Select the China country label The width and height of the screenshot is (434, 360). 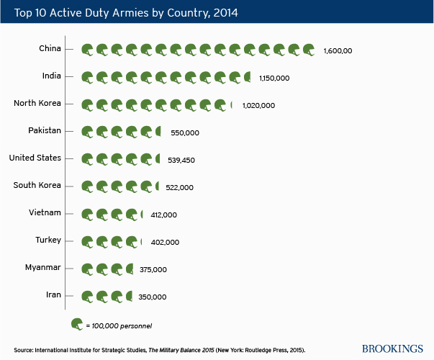pyautogui.click(x=50, y=48)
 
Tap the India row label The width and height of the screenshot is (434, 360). pyautogui.click(x=52, y=76)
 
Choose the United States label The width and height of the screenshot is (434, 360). pyautogui.click(x=35, y=158)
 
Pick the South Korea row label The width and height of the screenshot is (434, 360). pyautogui.click(x=37, y=185)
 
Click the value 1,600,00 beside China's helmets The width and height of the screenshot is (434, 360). pyautogui.click(x=338, y=50)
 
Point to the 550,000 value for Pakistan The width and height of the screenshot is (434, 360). pyautogui.click(x=185, y=132)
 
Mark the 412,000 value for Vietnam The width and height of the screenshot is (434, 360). pyautogui.click(x=162, y=215)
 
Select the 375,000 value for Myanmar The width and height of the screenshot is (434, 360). pyautogui.click(x=153, y=269)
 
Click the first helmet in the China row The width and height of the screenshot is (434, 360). pyautogui.click(x=87, y=50)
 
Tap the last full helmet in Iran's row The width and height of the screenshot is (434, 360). pyautogui.click(x=117, y=296)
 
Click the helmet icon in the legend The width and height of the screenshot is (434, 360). pyautogui.click(x=76, y=325)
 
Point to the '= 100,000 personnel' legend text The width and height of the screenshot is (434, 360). pyautogui.click(x=119, y=326)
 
